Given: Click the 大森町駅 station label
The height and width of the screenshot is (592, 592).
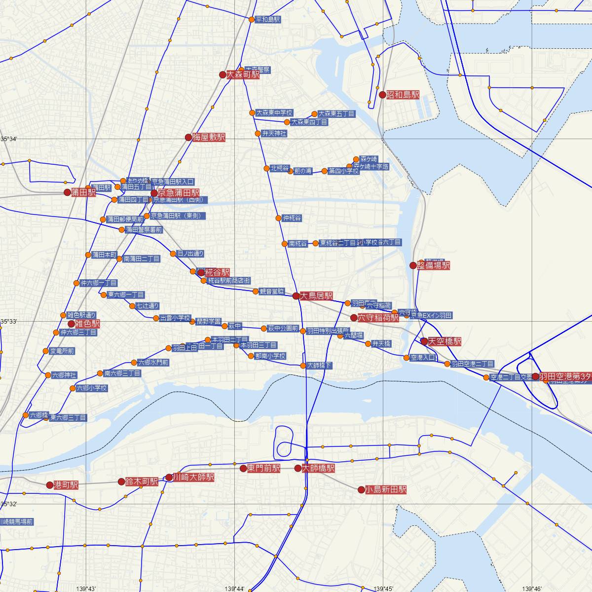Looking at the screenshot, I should (x=243, y=75).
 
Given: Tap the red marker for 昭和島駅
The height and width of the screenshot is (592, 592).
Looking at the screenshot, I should (x=382, y=94).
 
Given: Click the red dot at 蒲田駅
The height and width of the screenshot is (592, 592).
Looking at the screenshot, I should (x=68, y=192).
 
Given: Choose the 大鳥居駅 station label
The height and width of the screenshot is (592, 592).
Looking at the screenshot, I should (x=316, y=296).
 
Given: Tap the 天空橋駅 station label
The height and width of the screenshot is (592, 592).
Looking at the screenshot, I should (x=444, y=341).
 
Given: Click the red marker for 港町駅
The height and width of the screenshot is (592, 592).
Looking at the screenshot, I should (x=49, y=485).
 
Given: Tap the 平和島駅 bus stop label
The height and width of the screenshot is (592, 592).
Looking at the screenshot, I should (x=268, y=20).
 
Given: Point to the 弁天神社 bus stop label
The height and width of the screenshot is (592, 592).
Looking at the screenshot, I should (x=274, y=134).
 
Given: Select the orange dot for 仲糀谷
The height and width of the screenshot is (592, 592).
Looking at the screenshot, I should (x=279, y=218).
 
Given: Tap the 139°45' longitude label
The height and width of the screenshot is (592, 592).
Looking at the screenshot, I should (x=383, y=589).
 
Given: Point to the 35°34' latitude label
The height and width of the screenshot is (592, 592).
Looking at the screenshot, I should (x=8, y=139).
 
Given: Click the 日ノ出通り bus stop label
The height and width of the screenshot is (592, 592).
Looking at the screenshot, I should (x=190, y=254).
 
